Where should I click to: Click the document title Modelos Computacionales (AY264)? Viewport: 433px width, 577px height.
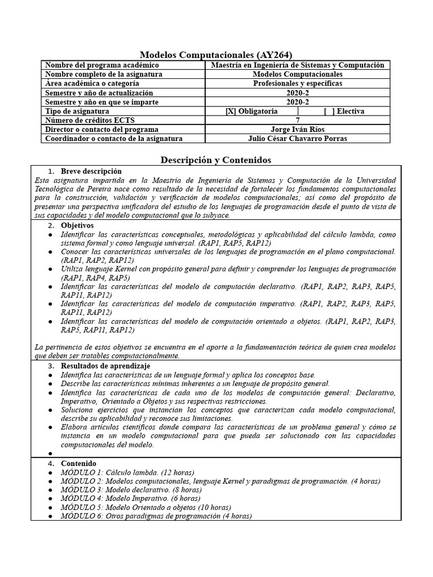point(216,55)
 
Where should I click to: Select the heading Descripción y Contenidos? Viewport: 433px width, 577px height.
point(216,160)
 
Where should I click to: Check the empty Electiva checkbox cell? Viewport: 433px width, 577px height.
point(344,111)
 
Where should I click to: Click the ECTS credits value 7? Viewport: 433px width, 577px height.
point(297,120)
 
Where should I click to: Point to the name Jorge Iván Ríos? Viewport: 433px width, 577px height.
point(297,129)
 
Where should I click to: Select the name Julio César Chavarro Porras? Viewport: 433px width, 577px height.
point(297,139)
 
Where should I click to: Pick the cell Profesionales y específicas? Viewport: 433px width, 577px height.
point(297,83)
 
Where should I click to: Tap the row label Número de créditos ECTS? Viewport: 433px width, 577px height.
point(89,120)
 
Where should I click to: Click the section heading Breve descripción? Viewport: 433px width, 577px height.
point(91,171)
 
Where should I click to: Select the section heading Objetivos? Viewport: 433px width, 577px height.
point(77,225)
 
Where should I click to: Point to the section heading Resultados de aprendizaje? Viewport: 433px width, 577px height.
point(105,366)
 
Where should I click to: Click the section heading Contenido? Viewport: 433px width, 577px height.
point(78,464)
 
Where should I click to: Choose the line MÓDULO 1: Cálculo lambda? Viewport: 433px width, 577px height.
point(127,472)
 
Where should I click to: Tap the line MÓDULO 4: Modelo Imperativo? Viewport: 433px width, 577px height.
point(130,498)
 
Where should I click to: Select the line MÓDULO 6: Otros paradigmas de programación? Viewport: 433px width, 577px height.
point(156,516)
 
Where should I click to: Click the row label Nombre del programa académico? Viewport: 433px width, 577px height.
point(94,65)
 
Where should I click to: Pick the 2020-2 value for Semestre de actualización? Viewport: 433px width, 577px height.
point(297,92)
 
